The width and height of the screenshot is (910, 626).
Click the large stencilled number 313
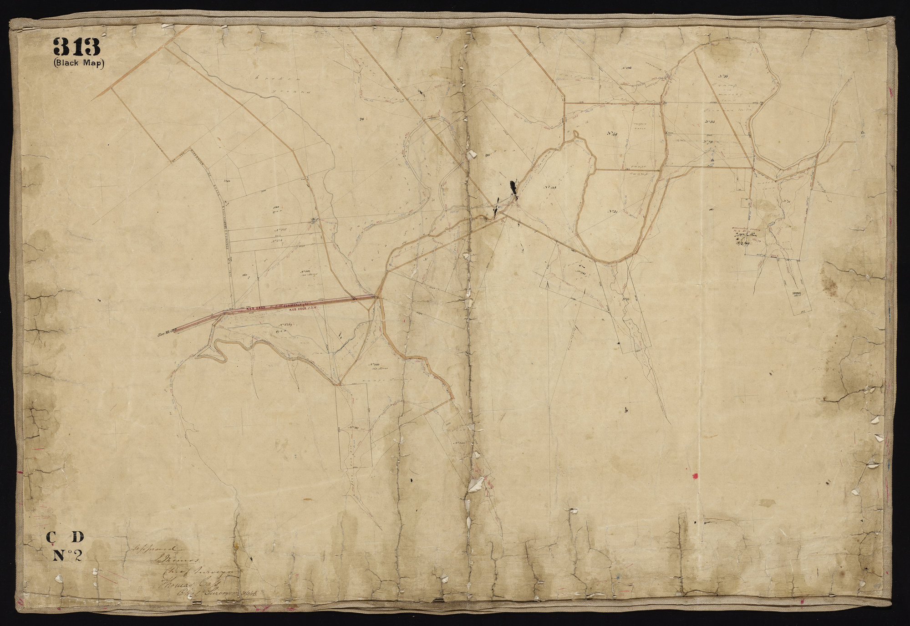click(76, 47)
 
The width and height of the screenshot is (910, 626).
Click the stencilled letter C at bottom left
click(51, 538)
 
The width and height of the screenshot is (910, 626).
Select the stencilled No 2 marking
click(67, 555)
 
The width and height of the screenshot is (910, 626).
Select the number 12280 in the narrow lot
click(796, 294)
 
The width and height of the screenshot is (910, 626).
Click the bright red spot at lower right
click(695, 476)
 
